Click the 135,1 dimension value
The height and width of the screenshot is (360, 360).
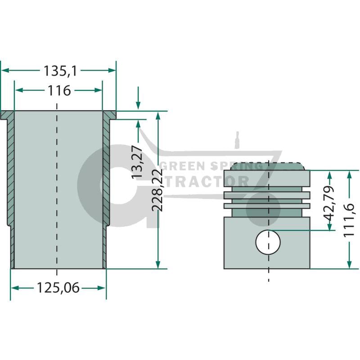pyautogui.click(x=60, y=71)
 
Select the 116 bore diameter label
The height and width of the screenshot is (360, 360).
pyautogui.click(x=59, y=91)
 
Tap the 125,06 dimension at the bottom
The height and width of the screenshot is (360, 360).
pyautogui.click(x=58, y=288)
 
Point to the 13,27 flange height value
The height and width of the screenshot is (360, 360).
pyautogui.click(x=137, y=162)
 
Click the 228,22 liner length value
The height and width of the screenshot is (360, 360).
pyautogui.click(x=157, y=190)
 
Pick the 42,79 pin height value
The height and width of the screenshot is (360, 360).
pyautogui.click(x=328, y=203)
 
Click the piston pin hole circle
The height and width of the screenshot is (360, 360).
pyautogui.click(x=268, y=242)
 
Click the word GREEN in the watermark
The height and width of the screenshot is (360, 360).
pyautogui.click(x=183, y=166)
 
